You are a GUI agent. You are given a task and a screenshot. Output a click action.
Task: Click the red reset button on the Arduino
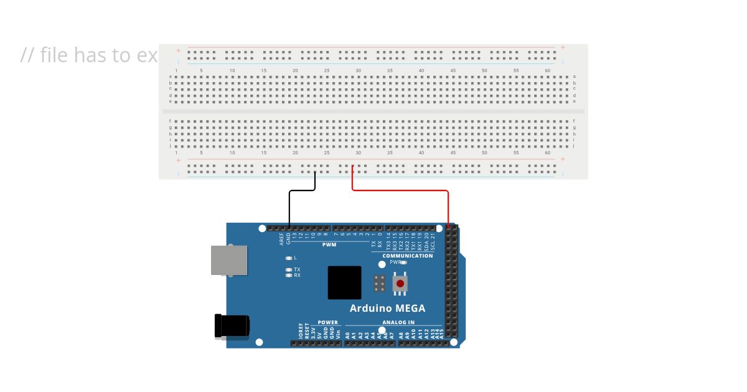(x=400, y=284)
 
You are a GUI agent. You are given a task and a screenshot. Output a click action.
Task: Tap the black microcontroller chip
(x=344, y=282)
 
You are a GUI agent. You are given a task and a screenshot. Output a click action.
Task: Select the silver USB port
(x=229, y=260)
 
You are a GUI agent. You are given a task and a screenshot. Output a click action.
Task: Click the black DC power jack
(x=232, y=327)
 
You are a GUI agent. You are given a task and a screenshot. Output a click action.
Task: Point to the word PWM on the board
(x=329, y=245)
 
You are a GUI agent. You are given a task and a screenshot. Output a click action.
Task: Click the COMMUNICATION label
(x=407, y=256)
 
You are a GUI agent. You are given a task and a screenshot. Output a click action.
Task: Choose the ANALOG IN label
(x=398, y=322)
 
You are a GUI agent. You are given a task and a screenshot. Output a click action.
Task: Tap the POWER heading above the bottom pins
(x=327, y=322)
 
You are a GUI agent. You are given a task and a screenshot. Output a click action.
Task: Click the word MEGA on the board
(x=409, y=308)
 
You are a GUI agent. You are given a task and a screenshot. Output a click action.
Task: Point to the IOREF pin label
(x=300, y=330)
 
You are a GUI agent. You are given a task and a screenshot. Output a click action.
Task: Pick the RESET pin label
(x=307, y=330)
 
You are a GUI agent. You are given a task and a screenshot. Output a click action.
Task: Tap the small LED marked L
(x=288, y=258)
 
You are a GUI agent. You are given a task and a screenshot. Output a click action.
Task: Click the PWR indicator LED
(x=403, y=263)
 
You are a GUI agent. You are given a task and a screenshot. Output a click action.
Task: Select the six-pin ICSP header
(x=378, y=284)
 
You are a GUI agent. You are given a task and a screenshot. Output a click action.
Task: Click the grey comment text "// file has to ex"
(x=89, y=55)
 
